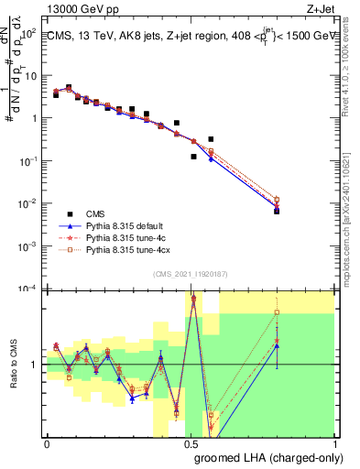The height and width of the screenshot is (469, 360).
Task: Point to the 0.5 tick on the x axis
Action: tap(191, 442)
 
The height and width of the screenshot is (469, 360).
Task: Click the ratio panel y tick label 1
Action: tap(37, 365)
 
